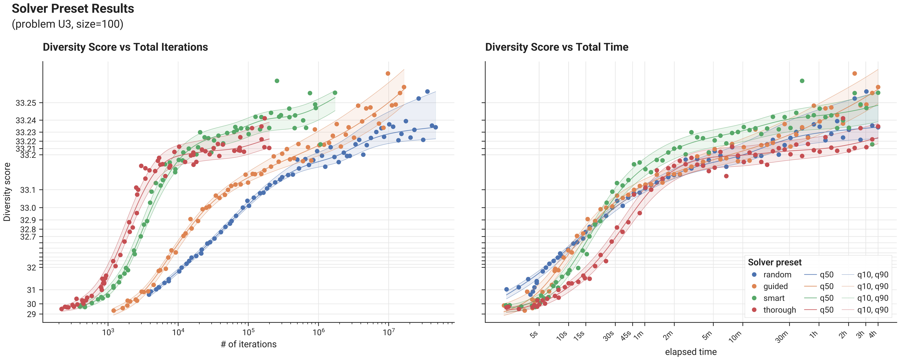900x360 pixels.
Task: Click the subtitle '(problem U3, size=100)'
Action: pos(67,24)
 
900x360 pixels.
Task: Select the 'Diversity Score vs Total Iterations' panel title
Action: pos(125,47)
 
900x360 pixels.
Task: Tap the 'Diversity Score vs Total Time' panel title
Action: pos(557,47)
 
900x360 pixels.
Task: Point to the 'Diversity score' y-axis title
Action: pos(7,192)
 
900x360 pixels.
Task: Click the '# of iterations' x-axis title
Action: pos(248,344)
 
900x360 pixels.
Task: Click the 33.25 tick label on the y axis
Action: pos(26,103)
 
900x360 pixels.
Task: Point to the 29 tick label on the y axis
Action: pos(31,314)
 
